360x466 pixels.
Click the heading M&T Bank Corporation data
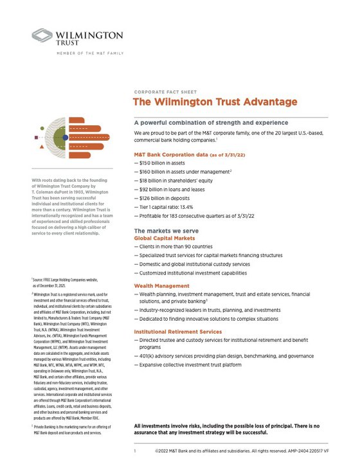(173, 155)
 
